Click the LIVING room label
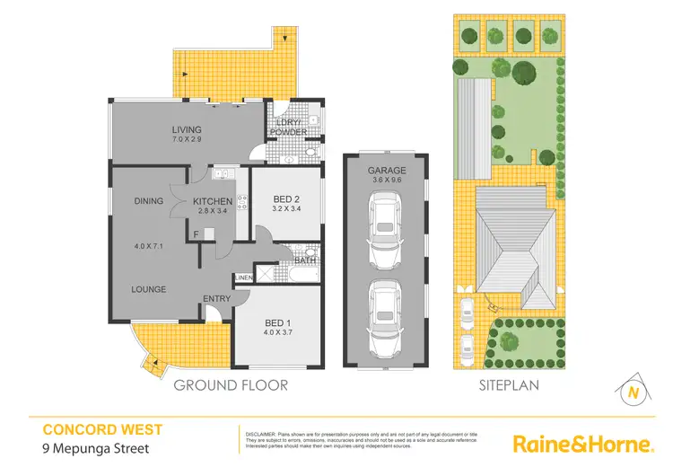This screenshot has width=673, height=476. click(188, 130)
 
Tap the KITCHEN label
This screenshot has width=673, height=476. click(213, 201)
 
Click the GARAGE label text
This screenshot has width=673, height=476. click(387, 170)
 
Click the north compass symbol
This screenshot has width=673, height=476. click(634, 391)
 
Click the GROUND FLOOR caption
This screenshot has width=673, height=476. click(231, 385)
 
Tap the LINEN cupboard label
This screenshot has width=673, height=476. click(242, 278)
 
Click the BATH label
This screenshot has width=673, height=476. click(305, 261)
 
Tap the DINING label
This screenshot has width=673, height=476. click(148, 201)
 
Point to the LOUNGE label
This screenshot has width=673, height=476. click(148, 289)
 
